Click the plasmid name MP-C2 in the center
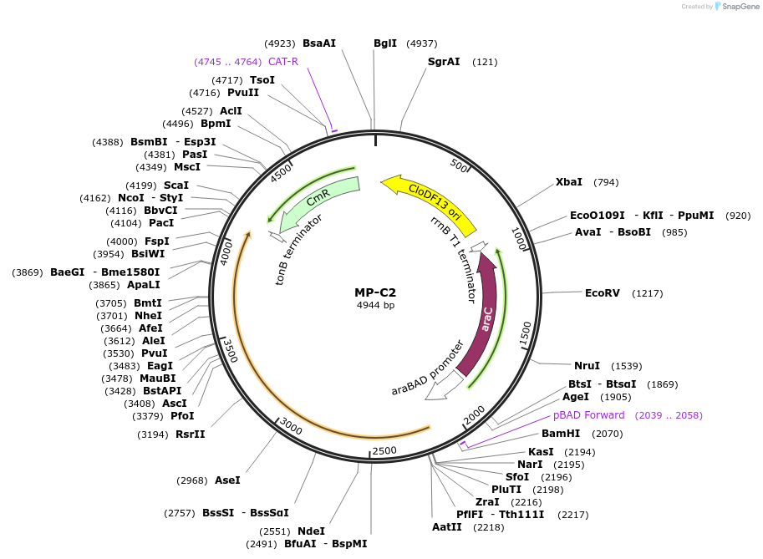pos(375,292)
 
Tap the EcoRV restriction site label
pos(602,293)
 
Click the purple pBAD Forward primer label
pos(588,415)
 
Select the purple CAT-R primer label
pos(283,62)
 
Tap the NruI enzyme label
pos(587,366)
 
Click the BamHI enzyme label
pos(560,434)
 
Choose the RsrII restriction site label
pos(190,434)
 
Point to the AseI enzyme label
pos(227,480)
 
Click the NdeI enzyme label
pos(311,531)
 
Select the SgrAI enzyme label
pos(444,62)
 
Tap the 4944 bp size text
pos(375,306)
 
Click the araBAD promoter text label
pos(428,368)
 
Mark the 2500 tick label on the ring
pos(384,451)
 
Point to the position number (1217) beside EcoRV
pos(648,293)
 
